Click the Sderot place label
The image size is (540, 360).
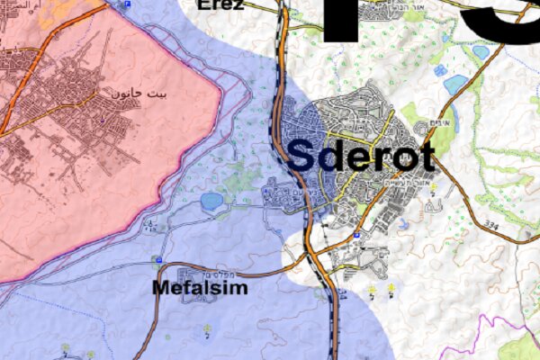coord(361,155)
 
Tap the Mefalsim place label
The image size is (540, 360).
coord(200,290)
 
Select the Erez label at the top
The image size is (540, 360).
coord(220,4)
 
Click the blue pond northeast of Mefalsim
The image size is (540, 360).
coord(212,202)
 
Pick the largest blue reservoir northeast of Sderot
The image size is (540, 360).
coord(455,85)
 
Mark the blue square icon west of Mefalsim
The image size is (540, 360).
coord(158,261)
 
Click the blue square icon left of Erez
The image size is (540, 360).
coord(127,4)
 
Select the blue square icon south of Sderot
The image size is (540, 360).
coord(357,236)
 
